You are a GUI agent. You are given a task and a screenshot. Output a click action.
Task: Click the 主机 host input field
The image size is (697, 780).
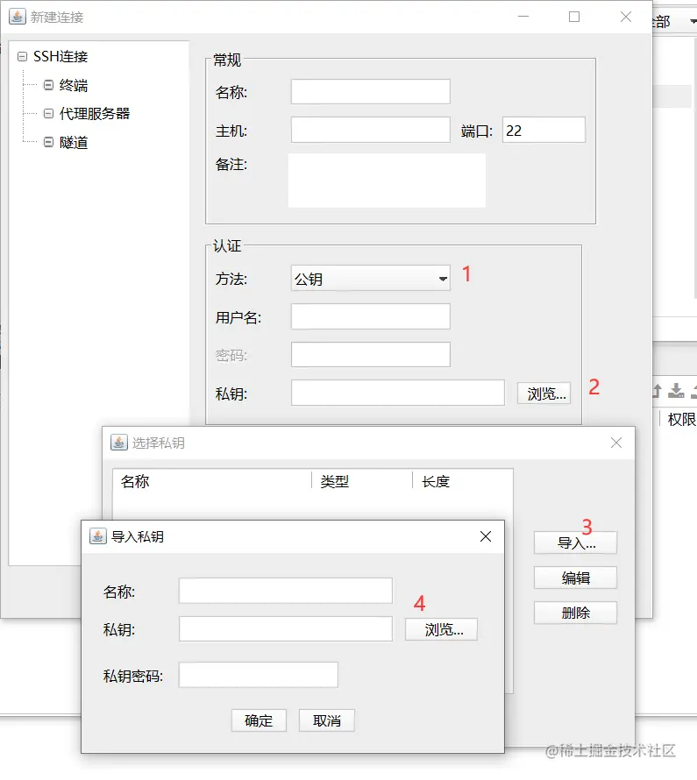pyautogui.click(x=370, y=131)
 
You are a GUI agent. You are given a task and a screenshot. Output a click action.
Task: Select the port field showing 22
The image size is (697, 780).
pyautogui.click(x=544, y=131)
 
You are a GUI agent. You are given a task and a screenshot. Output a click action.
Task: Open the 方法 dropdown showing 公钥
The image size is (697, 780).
pyautogui.click(x=370, y=279)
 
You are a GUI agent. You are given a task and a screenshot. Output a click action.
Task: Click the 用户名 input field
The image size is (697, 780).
pyautogui.click(x=370, y=316)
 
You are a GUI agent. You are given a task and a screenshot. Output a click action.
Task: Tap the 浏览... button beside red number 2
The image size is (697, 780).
pyautogui.click(x=544, y=394)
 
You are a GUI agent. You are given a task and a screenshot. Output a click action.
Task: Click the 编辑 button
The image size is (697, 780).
pyautogui.click(x=575, y=578)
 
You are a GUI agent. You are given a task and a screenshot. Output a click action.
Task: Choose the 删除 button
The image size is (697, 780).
pyautogui.click(x=575, y=613)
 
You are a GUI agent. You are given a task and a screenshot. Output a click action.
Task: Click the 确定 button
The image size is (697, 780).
pyautogui.click(x=259, y=720)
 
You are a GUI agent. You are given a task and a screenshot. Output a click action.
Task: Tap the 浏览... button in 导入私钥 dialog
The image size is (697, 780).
pyautogui.click(x=441, y=629)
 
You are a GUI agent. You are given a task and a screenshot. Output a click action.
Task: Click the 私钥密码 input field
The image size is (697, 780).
pyautogui.click(x=258, y=675)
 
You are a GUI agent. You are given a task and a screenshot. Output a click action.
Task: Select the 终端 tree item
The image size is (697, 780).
pyautogui.click(x=74, y=85)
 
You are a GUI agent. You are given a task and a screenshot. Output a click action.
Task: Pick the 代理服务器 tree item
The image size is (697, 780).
pyautogui.click(x=94, y=113)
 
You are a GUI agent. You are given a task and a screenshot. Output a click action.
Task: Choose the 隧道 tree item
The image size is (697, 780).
pyautogui.click(x=74, y=142)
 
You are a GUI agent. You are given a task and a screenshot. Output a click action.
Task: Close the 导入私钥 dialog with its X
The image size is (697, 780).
pyautogui.click(x=486, y=536)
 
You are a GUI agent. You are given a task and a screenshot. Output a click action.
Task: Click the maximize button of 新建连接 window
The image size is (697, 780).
pyautogui.click(x=574, y=17)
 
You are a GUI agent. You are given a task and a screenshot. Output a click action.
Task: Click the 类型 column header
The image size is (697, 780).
pyautogui.click(x=335, y=481)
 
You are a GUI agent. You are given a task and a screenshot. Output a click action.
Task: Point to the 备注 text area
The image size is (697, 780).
pyautogui.click(x=387, y=181)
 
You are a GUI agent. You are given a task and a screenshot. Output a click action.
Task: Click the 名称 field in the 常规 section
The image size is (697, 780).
pyautogui.click(x=370, y=92)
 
